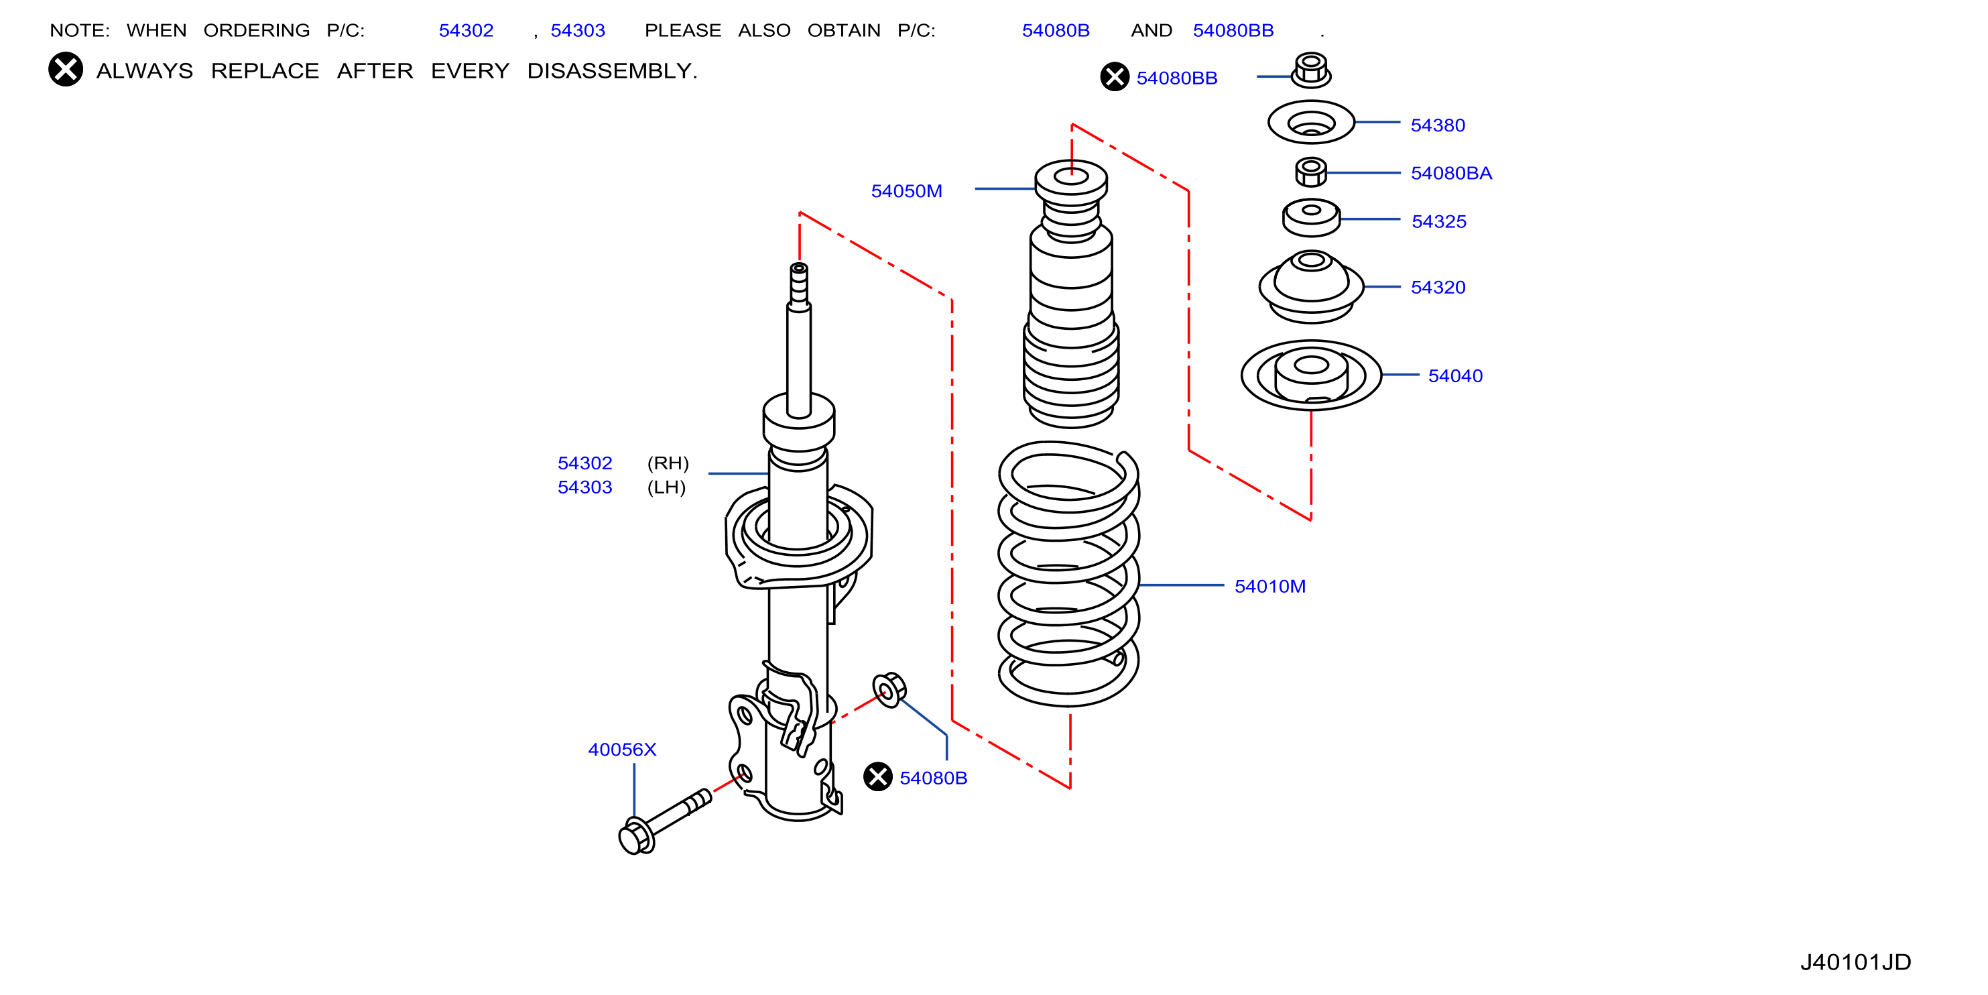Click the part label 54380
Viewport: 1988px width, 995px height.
pyautogui.click(x=1437, y=125)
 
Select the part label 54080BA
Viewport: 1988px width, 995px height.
pyautogui.click(x=1451, y=173)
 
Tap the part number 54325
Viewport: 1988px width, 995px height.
pyautogui.click(x=1438, y=221)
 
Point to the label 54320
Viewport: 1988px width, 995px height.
pyautogui.click(x=1438, y=287)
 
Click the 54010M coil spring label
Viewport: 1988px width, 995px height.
pyautogui.click(x=1269, y=587)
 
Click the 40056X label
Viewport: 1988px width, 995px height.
pyautogui.click(x=622, y=750)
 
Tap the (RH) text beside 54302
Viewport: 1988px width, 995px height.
pyautogui.click(x=668, y=463)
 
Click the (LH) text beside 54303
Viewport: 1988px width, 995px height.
pyautogui.click(x=666, y=488)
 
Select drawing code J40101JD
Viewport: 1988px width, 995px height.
pyautogui.click(x=1855, y=961)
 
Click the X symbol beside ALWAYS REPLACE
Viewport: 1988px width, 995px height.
pyautogui.click(x=66, y=70)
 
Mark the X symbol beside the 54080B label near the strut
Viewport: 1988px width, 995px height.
pyautogui.click(x=877, y=776)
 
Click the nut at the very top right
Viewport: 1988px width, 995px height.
pyautogui.click(x=1310, y=70)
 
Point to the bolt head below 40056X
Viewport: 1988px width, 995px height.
pyautogui.click(x=637, y=837)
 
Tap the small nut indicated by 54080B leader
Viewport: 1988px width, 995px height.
pyautogui.click(x=889, y=689)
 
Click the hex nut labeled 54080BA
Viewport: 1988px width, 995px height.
pyautogui.click(x=1310, y=172)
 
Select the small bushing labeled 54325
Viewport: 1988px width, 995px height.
pyautogui.click(x=1311, y=218)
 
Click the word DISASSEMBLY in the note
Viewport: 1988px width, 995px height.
pyautogui.click(x=612, y=71)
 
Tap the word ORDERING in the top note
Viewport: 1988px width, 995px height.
pyautogui.click(x=256, y=31)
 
